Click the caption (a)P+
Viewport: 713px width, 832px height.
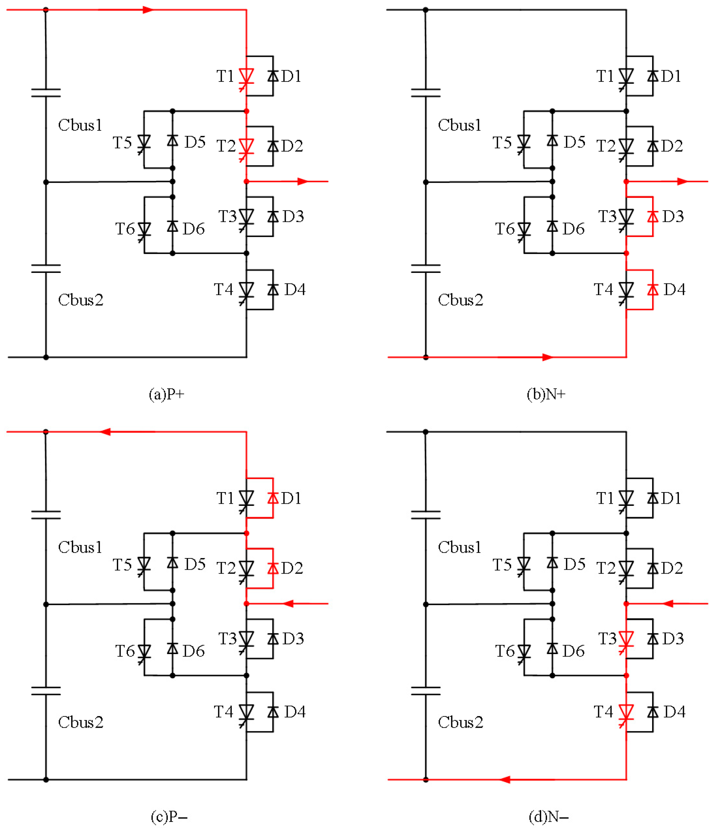166,394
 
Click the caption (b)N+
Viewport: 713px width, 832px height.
546,394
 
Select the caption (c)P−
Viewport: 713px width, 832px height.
169,816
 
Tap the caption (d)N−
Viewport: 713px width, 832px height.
548,816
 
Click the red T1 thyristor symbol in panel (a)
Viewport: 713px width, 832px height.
246,76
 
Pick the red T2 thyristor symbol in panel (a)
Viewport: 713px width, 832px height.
246,146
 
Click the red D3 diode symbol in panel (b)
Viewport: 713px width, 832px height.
652,216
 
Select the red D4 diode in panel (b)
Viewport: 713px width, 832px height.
652,290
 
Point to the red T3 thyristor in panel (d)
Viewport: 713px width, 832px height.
626,639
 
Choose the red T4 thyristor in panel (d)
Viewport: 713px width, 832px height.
626,712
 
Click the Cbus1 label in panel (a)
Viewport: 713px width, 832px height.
80,125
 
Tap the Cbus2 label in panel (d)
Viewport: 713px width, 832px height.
460,722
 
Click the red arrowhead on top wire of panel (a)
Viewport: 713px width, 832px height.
148,10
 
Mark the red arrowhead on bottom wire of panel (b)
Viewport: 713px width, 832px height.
547,357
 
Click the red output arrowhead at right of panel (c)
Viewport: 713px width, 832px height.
289,603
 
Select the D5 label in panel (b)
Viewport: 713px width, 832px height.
575,142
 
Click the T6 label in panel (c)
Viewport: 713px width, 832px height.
125,651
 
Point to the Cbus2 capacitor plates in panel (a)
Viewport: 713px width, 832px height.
46,268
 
